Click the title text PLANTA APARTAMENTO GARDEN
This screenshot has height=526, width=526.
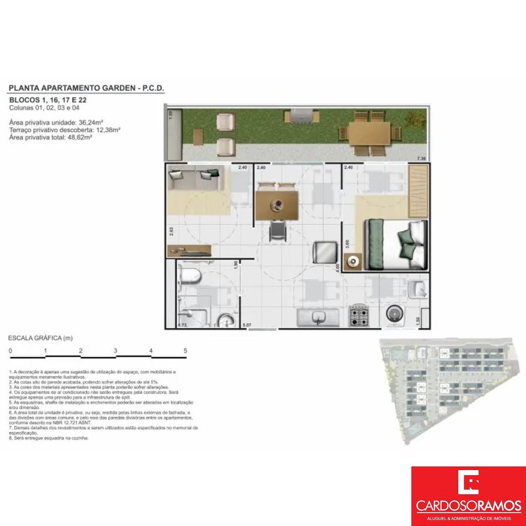point(72,88)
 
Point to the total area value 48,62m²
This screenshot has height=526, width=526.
point(78,137)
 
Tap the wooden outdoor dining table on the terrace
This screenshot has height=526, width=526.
point(369,133)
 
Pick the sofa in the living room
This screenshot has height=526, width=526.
point(196,178)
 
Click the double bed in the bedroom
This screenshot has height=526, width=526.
point(396,245)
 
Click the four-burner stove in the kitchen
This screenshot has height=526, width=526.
point(359,316)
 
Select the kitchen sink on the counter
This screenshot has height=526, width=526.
point(318,317)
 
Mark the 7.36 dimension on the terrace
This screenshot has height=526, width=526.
point(421,159)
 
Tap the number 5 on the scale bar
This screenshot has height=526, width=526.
point(185,351)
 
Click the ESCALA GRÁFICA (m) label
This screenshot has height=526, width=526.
point(40,338)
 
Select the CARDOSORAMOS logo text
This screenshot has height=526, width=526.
point(468,506)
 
